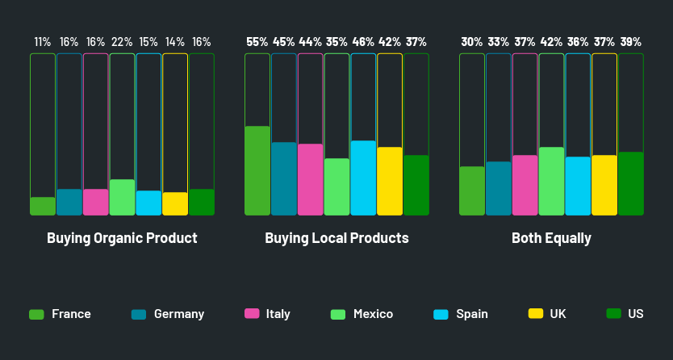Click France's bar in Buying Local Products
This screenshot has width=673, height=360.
coord(257,170)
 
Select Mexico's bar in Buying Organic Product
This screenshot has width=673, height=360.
coord(122,197)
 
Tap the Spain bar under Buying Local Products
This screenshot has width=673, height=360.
coord(363,178)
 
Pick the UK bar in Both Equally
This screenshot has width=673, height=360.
coord(604,185)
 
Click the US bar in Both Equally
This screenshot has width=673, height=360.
coord(631,183)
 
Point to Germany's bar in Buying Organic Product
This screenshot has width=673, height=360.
coord(69,202)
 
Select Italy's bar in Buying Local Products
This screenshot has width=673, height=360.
coord(311,179)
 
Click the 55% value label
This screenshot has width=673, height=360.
coord(257,42)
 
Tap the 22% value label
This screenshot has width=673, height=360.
coord(122,42)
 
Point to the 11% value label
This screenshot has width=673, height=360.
coord(43,42)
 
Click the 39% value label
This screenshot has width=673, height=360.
coord(631,42)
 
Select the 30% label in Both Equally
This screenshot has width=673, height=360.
coord(472,42)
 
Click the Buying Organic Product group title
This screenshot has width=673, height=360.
coord(122,238)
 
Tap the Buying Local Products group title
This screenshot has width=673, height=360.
coord(336,238)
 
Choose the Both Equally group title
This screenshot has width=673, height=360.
coord(551,238)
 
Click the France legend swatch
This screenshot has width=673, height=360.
coord(36,314)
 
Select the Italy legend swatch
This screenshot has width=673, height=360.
coord(252,314)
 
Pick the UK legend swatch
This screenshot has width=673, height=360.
coord(535,314)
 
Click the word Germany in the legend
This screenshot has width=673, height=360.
coord(179,314)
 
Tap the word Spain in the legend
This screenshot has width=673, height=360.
coord(472,314)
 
